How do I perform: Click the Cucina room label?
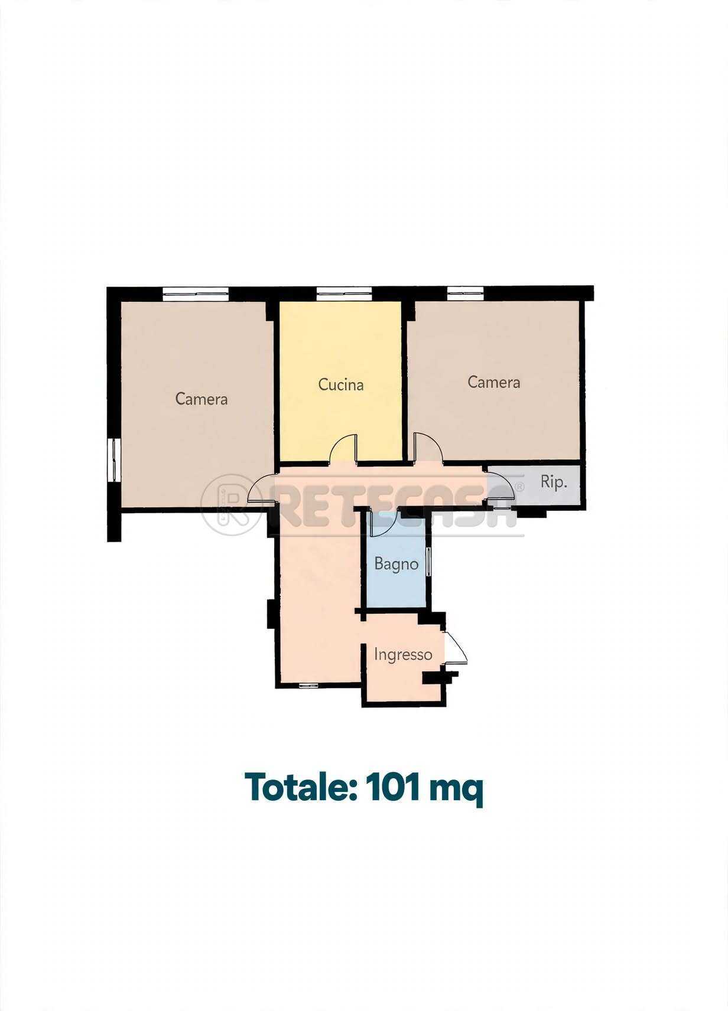click(x=340, y=384)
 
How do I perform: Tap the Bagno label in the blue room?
click(x=396, y=565)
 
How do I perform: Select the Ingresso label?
click(x=403, y=655)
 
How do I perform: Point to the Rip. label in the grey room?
click(x=554, y=483)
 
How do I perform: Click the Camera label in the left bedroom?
click(x=201, y=399)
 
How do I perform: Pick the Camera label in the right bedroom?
click(x=493, y=382)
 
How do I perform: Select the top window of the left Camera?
click(x=196, y=293)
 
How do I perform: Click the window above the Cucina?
click(x=344, y=293)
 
